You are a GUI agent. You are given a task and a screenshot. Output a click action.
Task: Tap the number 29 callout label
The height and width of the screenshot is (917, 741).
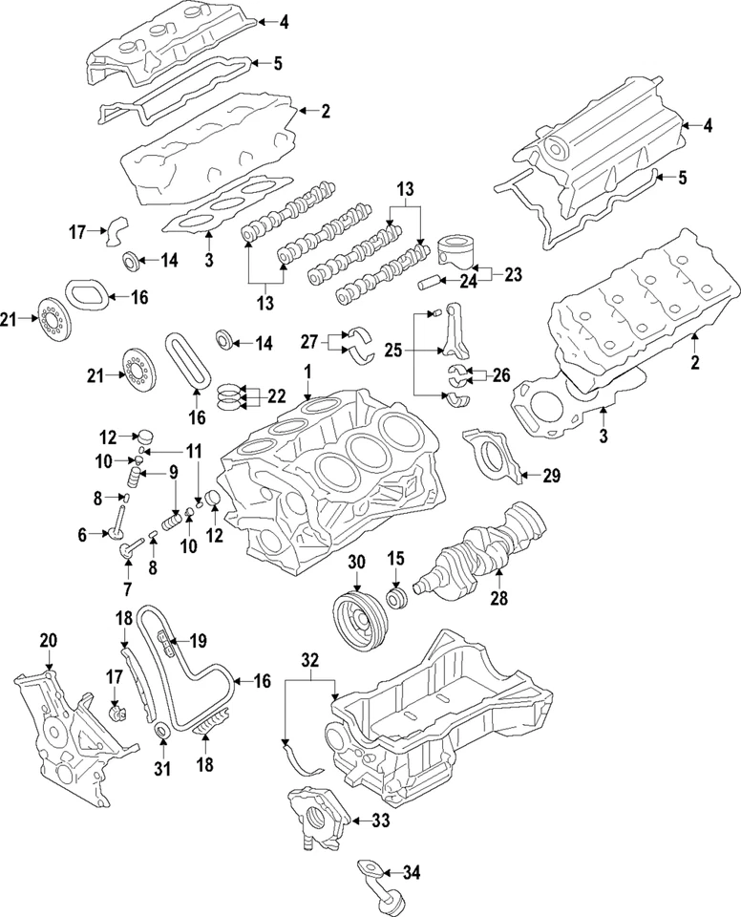551,474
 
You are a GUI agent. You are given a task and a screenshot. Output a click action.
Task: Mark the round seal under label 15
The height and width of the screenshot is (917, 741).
395,600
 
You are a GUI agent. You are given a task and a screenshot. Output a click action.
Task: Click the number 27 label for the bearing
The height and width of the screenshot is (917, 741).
309,341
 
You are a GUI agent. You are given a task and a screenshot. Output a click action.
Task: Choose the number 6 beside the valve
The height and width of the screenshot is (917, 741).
82,537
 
